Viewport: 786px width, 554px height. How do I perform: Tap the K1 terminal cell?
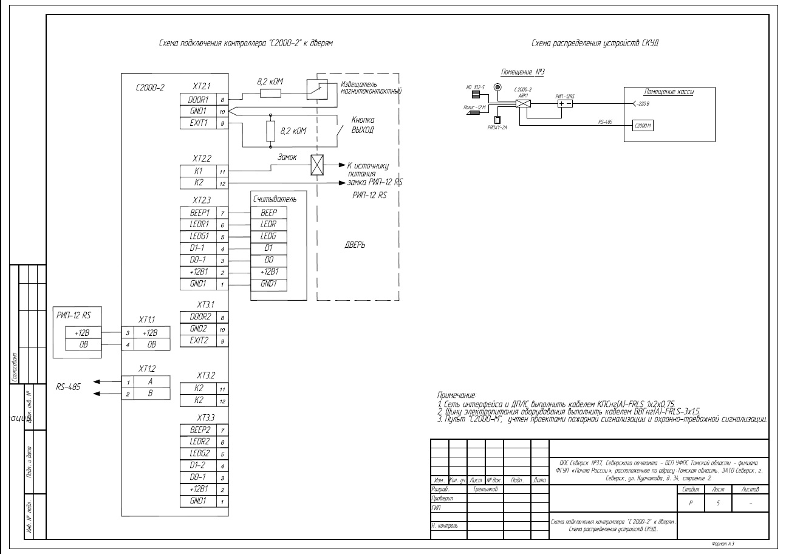199,171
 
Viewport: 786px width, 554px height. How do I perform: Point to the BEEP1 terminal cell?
199,213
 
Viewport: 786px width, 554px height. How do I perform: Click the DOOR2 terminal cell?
199,317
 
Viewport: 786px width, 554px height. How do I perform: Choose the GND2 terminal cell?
199,330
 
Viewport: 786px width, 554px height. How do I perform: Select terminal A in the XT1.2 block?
150,381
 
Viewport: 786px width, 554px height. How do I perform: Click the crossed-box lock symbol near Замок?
318,165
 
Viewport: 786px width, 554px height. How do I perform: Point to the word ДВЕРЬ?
355,244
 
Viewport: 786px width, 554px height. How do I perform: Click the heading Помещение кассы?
669,92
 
